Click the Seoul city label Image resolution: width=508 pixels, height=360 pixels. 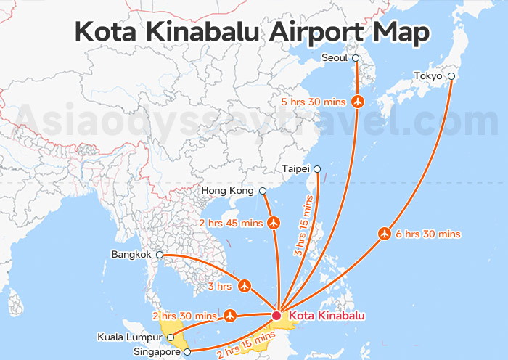click(335, 58)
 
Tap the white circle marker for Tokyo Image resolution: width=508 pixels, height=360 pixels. click(451, 75)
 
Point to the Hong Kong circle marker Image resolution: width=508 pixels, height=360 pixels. click(263, 191)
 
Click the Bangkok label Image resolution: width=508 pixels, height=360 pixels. click(131, 255)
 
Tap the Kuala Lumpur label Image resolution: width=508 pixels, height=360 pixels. click(130, 337)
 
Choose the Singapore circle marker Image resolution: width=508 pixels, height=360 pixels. click(187, 352)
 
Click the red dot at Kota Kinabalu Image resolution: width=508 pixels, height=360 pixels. click(276, 316)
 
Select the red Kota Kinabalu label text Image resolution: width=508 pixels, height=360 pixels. click(327, 316)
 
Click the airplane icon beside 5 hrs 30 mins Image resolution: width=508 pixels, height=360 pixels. click(357, 102)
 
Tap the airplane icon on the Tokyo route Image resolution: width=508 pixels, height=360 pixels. click(385, 234)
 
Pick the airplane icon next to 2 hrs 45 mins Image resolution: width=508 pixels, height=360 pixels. click(274, 221)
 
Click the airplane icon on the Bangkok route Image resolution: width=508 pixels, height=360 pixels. click(245, 286)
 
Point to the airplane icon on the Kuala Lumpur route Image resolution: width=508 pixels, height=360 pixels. click(230, 315)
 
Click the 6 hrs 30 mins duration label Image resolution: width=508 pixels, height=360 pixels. click(428, 234)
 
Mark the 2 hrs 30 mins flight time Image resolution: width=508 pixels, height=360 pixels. click(184, 316)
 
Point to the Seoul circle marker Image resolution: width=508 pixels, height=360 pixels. click(356, 58)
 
